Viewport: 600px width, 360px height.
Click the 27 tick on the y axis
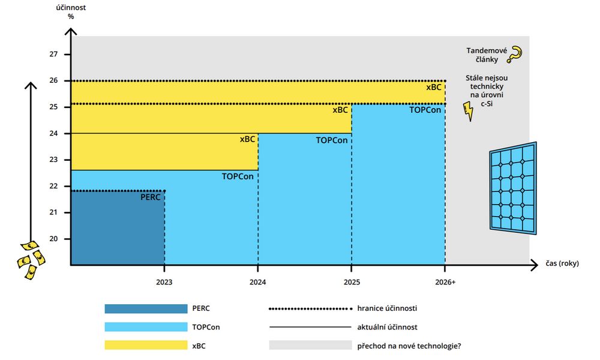pyautogui.click(x=53, y=54)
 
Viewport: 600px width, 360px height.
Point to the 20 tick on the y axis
pyautogui.click(x=53, y=239)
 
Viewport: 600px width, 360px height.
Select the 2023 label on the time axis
pyautogui.click(x=164, y=281)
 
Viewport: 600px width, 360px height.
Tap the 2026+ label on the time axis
pyautogui.click(x=445, y=281)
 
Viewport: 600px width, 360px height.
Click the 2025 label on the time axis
pyautogui.click(x=352, y=281)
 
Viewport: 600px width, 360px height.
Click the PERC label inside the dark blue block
pyautogui.click(x=151, y=196)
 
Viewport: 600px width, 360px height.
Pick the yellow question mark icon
pyautogui.click(x=514, y=55)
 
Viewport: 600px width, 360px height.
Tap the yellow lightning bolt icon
pyautogui.click(x=468, y=111)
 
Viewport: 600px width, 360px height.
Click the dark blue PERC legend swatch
pyautogui.click(x=146, y=308)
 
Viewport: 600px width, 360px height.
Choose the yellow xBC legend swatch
pyautogui.click(x=146, y=345)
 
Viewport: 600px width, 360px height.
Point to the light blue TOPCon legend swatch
pyautogui.click(x=146, y=327)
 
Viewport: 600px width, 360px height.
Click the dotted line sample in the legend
pyautogui.click(x=310, y=308)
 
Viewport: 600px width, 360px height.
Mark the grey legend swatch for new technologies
pyautogui.click(x=310, y=345)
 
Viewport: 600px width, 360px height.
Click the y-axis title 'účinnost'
pyautogui.click(x=71, y=8)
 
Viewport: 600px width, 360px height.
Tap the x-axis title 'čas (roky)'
pyautogui.click(x=563, y=263)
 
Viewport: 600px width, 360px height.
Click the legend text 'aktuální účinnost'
pyautogui.click(x=387, y=327)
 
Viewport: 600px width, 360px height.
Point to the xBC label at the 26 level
pyautogui.click(x=433, y=87)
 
